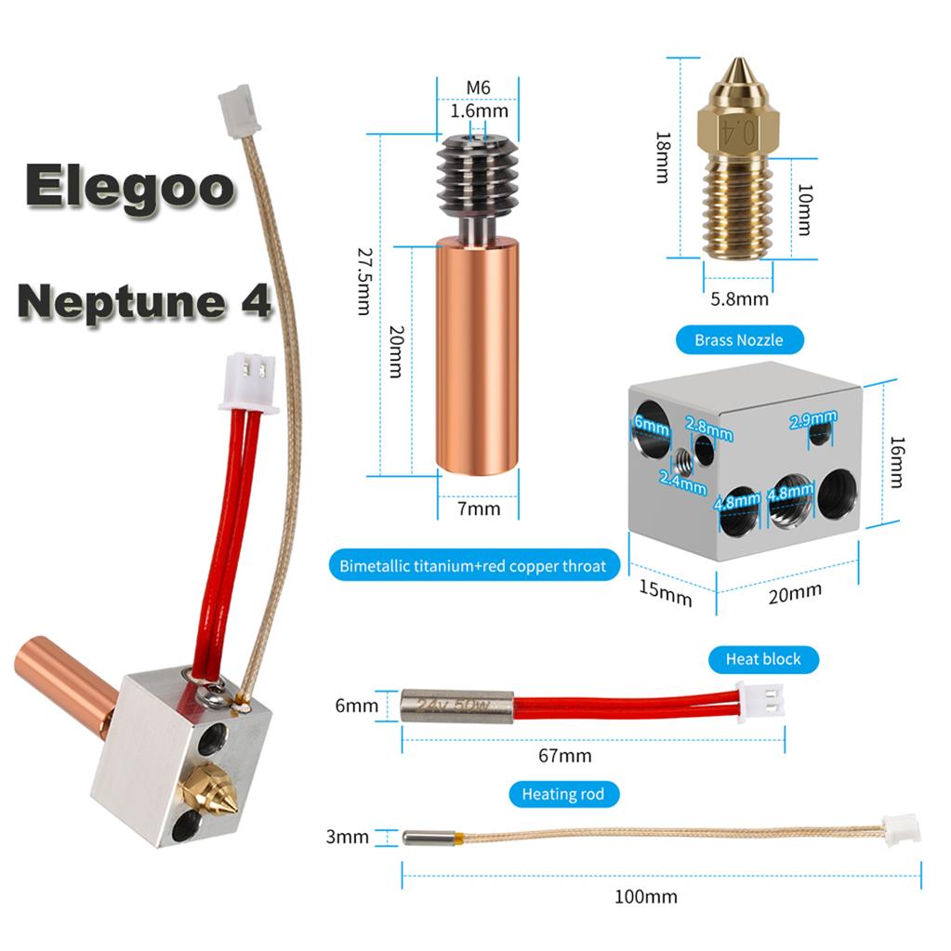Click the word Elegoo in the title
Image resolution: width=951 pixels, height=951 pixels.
[129, 186]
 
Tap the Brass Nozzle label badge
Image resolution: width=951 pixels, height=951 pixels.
[739, 339]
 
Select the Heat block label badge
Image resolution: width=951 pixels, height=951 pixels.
[763, 659]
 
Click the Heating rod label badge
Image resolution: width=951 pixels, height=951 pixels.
[563, 794]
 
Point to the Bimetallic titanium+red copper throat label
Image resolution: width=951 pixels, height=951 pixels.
[473, 566]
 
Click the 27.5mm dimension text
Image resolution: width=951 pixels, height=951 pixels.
[363, 281]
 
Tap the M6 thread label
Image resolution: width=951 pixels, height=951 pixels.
[478, 88]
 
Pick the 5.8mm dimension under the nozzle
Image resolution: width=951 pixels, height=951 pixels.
[739, 299]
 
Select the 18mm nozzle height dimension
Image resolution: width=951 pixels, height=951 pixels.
[663, 157]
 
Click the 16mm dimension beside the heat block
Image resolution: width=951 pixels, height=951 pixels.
[896, 462]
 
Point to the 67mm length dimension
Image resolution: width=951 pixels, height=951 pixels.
[564, 756]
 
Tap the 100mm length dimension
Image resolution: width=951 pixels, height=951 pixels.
[646, 896]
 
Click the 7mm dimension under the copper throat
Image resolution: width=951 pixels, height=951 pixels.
[479, 509]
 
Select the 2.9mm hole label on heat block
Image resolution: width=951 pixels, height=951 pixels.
[812, 419]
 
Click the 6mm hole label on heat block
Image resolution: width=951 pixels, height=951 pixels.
[652, 424]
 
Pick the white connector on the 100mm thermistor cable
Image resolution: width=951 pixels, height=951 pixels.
[902, 828]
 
